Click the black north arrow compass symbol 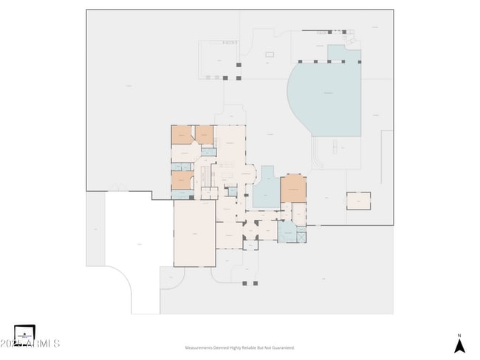(459, 345)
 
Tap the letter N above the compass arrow (459, 335)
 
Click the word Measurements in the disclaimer (200, 347)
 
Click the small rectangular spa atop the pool (344, 52)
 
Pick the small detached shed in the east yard (358, 201)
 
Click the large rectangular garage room (195, 233)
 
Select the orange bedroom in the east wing (293, 189)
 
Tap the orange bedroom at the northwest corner (181, 135)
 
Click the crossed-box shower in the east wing (301, 237)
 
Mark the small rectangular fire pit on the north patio (270, 54)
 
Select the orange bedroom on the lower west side (182, 180)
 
